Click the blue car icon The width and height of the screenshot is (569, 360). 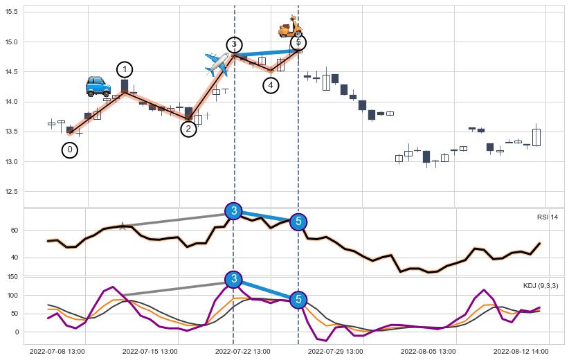[98, 86]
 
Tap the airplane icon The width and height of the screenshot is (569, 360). [217, 64]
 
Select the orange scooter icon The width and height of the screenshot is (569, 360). [290, 27]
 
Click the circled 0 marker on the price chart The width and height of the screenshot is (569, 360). [69, 150]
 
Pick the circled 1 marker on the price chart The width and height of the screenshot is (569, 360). [125, 69]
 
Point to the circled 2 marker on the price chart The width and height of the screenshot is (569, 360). [188, 128]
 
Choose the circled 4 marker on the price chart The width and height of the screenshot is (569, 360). [271, 84]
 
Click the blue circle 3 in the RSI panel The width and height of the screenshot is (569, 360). [234, 211]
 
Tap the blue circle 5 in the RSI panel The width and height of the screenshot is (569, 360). [298, 222]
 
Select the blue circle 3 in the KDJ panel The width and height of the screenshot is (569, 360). [234, 279]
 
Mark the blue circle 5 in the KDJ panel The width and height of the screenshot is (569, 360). [298, 300]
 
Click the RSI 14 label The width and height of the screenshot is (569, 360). [547, 217]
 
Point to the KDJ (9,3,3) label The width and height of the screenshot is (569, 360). [541, 285]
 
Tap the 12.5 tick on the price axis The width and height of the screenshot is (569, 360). [11, 192]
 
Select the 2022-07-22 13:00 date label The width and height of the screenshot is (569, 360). [242, 352]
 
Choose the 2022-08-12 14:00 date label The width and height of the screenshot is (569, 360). [521, 352]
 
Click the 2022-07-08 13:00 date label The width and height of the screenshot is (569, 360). [57, 352]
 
